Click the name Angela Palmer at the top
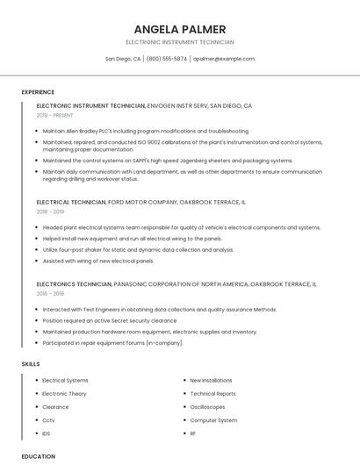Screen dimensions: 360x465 (x=179, y=29)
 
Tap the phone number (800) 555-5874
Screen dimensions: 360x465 (x=167, y=59)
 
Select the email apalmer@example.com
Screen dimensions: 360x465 (x=224, y=59)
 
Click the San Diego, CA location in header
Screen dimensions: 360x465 (x=123, y=59)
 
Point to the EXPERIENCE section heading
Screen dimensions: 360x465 (x=38, y=92)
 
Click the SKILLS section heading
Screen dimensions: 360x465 (x=30, y=363)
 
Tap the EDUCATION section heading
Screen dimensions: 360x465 (x=38, y=456)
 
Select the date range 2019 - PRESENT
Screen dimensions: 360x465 (x=55, y=115)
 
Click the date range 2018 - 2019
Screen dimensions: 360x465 (x=50, y=211)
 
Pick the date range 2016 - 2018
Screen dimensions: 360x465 (x=50, y=294)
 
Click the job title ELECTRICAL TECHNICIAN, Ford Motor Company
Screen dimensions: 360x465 (x=140, y=202)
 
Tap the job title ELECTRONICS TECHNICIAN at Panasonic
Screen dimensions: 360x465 (x=176, y=284)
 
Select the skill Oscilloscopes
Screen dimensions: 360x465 (x=207, y=406)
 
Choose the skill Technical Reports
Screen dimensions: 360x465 (x=212, y=393)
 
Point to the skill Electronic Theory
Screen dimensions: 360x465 (x=65, y=393)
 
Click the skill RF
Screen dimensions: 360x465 (x=193, y=433)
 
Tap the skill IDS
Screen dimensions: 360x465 (x=47, y=433)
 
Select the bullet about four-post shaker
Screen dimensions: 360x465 (x=138, y=249)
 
